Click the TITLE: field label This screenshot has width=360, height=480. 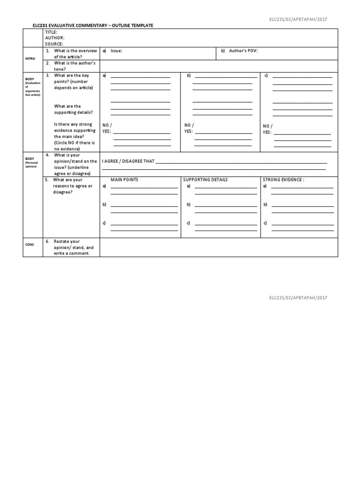(x=51, y=32)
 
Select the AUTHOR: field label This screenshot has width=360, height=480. (x=54, y=38)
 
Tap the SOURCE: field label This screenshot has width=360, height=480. (x=54, y=44)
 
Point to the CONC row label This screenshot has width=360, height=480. (x=30, y=244)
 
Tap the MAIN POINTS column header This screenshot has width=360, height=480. (x=124, y=180)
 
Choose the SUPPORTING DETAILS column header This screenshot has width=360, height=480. (x=205, y=180)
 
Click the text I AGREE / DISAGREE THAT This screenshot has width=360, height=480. (x=128, y=161)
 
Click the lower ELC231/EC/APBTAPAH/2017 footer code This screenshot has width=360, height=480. (x=298, y=298)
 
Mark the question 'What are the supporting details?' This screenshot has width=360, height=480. (x=73, y=109)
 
